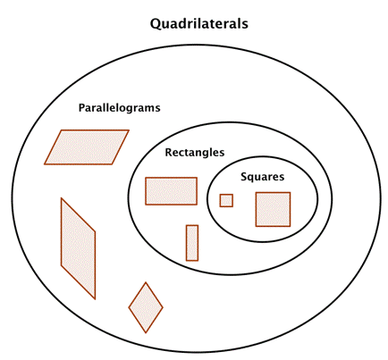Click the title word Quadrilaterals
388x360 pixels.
coord(199,24)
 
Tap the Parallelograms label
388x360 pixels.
coord(119,108)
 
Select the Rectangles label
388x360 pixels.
coord(195,153)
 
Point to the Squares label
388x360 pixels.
coord(262,177)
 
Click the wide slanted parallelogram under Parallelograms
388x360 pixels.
coord(87,147)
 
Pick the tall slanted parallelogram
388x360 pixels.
coord(79,248)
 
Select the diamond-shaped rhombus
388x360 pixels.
coord(146,307)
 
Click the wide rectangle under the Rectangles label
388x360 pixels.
coord(171,191)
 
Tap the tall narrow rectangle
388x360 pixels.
coord(192,243)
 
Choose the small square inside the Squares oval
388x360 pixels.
coord(226,200)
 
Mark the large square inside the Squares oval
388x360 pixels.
coord(273,209)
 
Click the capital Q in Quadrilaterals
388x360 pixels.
coord(156,24)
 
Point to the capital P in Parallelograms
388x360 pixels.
coord(81,108)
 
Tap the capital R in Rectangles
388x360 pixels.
coord(169,153)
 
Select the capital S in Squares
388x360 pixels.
coord(244,177)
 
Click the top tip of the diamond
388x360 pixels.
coord(146,282)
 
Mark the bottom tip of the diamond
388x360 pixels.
coord(146,332)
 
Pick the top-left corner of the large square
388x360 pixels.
coord(256,193)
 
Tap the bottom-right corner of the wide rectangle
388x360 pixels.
coord(197,205)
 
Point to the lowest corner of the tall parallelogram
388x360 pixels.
coord(96,299)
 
